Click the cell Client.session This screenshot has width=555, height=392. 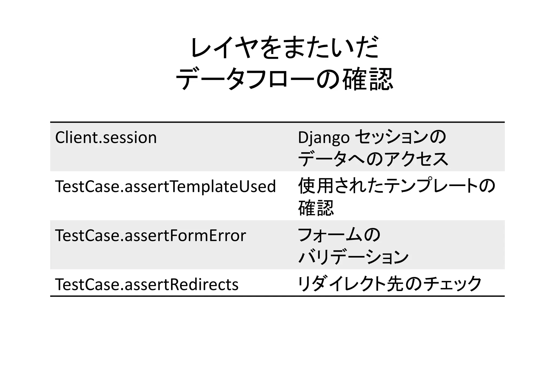click(x=106, y=138)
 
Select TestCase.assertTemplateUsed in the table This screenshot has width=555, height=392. click(x=165, y=187)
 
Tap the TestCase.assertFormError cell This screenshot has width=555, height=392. click(x=150, y=235)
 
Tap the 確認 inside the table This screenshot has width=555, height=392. click(x=316, y=208)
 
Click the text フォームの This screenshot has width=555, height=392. click(x=339, y=235)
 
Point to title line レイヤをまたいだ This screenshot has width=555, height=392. click(x=284, y=48)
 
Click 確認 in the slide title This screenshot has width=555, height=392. click(x=367, y=79)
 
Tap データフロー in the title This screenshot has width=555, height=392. click(x=244, y=79)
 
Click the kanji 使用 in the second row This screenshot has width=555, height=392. click(x=316, y=186)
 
